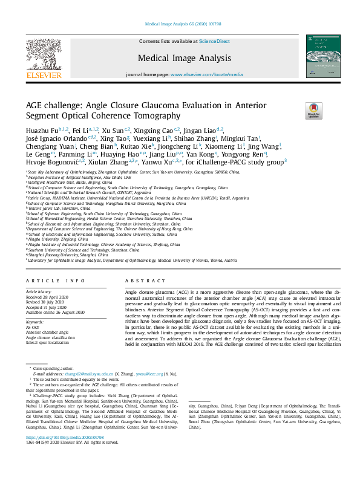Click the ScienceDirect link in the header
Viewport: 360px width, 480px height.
coord(215,41)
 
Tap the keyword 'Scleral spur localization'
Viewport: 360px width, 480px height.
coord(48,343)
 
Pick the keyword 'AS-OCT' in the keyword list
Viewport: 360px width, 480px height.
coord(33,327)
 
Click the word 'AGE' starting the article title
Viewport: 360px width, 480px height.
coord(34,105)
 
